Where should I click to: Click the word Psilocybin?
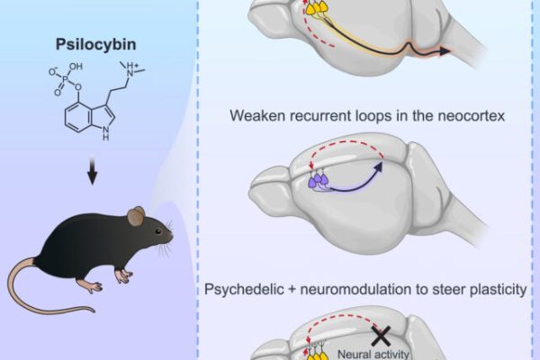pos(95,45)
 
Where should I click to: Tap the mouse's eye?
pos(158,231)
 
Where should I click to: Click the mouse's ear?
pos(136,216)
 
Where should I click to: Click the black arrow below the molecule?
pos(92,171)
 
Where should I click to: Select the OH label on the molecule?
pos(76,66)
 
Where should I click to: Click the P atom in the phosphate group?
pos(65,80)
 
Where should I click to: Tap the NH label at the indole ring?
pos(106,134)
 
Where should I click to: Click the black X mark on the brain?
pos(382,336)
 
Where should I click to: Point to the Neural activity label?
pos(373,354)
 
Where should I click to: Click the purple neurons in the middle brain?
pos(318,180)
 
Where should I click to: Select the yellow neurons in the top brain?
pos(316,7)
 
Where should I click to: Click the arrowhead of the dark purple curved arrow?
pos(379,166)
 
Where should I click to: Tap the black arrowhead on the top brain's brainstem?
pos(445,51)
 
